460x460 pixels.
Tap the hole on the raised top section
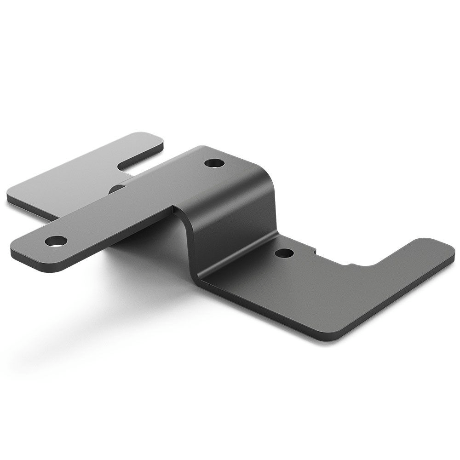pos(214,163)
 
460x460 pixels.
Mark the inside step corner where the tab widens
pos(173,209)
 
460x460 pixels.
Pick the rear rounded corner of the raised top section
pos(200,149)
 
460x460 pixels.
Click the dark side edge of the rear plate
pos(28,209)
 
